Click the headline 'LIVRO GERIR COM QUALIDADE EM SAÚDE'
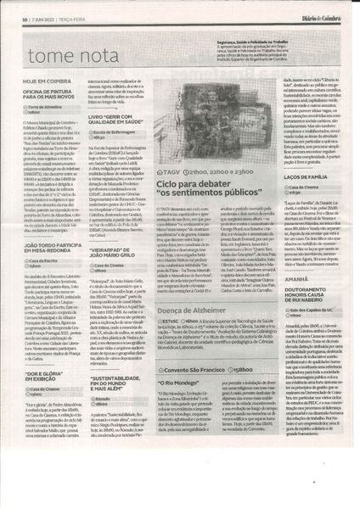click(129, 117)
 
